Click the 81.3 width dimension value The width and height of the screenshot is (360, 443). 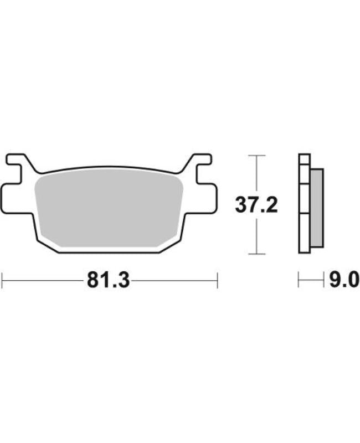tap(108, 281)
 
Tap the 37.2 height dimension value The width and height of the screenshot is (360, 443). tap(256, 205)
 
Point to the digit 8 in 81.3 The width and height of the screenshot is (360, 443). tap(92, 281)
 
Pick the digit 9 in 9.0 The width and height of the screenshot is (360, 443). tap(336, 280)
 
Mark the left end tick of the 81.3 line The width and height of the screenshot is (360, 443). tap(2, 280)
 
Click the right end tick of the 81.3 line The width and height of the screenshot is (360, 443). tap(217, 280)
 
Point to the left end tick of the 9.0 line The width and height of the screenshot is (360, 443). tap(299, 280)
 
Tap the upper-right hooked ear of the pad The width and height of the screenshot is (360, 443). tap(199, 161)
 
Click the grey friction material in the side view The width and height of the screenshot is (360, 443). tap(316, 208)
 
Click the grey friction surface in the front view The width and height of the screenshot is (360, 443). tap(109, 208)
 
